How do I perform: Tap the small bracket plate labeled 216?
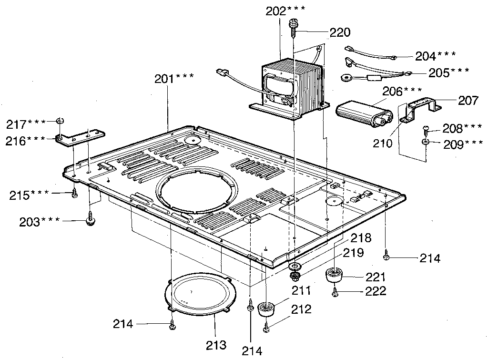click(80, 137)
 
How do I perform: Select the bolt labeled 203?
click(90, 220)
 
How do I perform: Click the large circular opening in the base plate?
click(194, 190)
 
